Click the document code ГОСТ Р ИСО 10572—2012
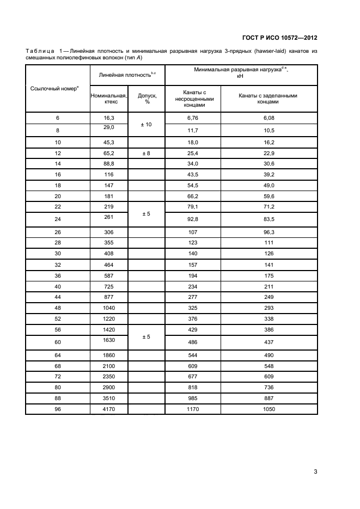coord(279,38)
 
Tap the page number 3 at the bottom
coord(315,472)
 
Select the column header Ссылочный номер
coord(57,88)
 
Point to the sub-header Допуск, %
coord(147,98)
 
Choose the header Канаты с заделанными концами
coord(269,98)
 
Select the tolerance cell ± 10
coord(147,125)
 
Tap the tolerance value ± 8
coord(147,154)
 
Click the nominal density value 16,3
coord(109,118)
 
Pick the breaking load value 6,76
coord(193,118)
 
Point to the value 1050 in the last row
coord(269,408)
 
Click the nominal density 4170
coord(109,408)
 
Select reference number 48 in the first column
coord(58,308)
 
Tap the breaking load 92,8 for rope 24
coord(193,219)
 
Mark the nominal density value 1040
coord(109,308)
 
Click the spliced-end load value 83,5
coord(269,219)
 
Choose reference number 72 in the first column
coord(58,376)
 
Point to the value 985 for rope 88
coord(193,398)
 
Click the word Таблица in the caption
coord(39,51)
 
